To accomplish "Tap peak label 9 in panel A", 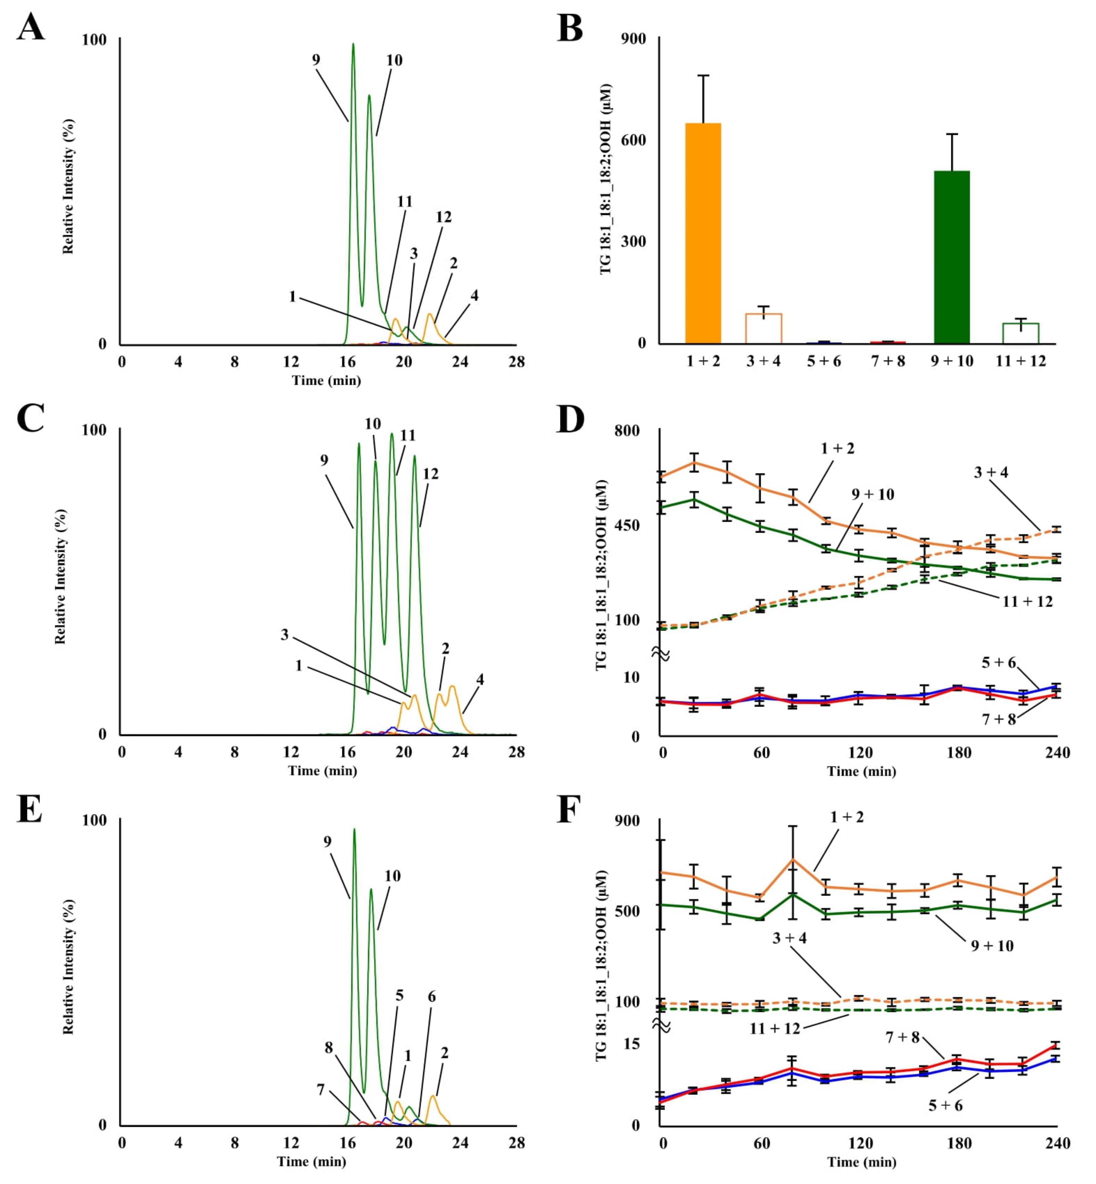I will (316, 60).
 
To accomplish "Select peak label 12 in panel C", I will (430, 473).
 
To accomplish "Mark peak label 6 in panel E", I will (432, 997).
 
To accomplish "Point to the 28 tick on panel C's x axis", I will (516, 752).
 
